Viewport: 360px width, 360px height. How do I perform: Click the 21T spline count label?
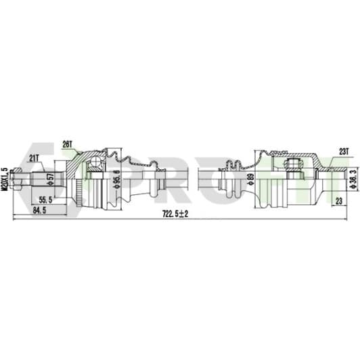(33, 158)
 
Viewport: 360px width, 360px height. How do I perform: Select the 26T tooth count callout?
(67, 144)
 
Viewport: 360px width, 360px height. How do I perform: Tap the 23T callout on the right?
(344, 152)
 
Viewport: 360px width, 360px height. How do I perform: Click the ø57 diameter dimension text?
(51, 179)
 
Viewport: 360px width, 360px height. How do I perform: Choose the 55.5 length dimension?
(45, 200)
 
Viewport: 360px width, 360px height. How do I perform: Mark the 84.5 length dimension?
(39, 210)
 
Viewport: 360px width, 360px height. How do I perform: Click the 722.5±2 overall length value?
(175, 214)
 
